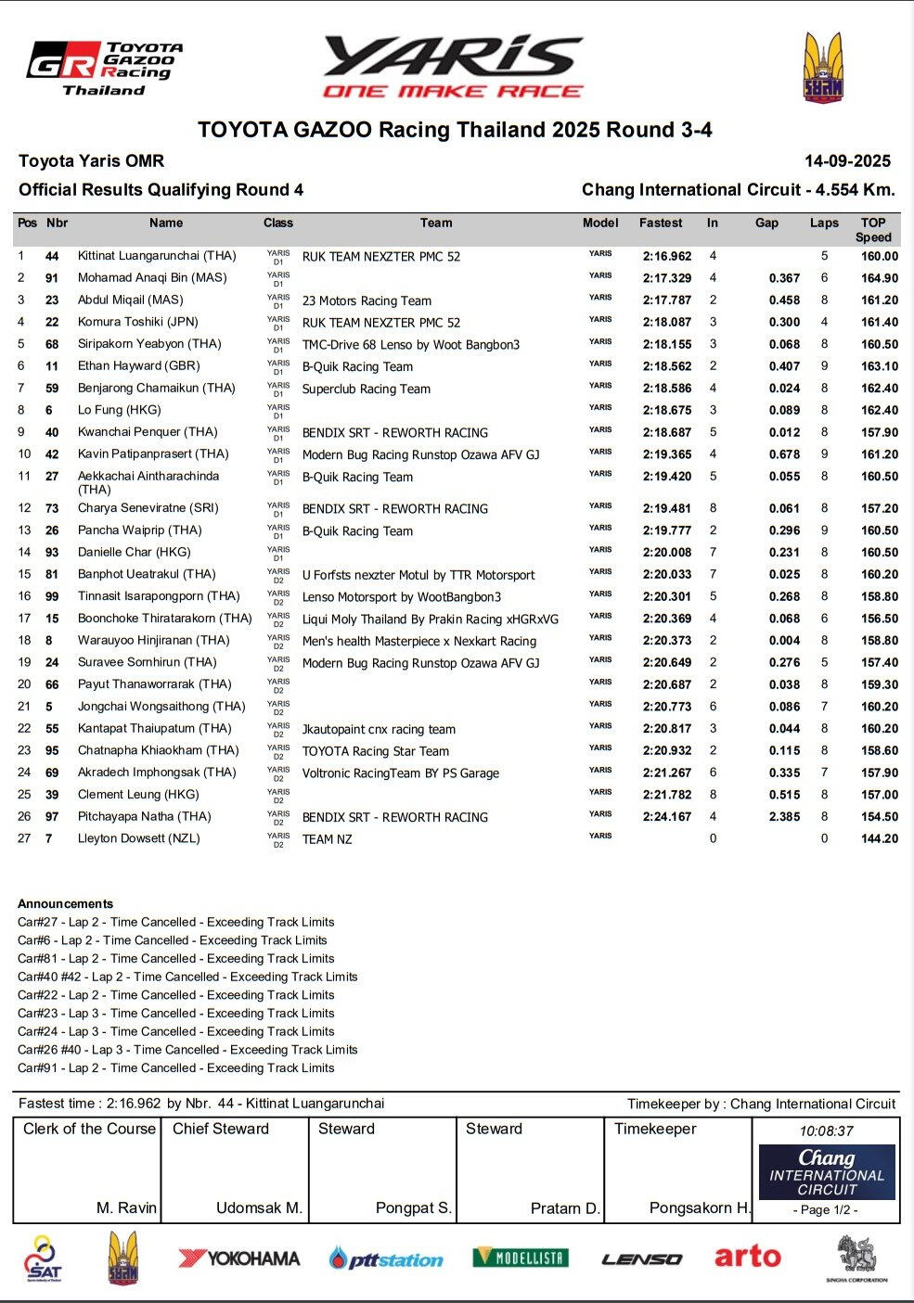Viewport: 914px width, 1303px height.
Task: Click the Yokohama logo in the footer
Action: click(x=239, y=1258)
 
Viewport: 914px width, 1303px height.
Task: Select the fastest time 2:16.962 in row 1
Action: click(x=667, y=256)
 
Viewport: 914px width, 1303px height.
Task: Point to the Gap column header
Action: click(x=766, y=224)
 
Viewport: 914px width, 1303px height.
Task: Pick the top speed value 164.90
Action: click(x=879, y=278)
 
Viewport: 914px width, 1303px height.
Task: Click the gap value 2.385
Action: click(x=784, y=817)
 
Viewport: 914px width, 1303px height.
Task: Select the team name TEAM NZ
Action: click(x=328, y=839)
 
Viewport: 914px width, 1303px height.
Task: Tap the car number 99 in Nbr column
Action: click(x=52, y=596)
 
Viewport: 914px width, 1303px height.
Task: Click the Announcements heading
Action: click(x=65, y=903)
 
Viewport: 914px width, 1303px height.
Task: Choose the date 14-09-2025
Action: click(x=847, y=161)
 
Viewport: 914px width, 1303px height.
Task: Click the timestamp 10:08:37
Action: click(x=826, y=1131)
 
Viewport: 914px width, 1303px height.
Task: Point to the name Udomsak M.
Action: click(x=259, y=1207)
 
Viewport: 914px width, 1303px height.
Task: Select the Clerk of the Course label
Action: click(x=89, y=1129)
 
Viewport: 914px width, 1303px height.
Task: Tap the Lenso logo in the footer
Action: click(x=642, y=1258)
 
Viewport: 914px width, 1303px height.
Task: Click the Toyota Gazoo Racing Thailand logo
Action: click(x=105, y=69)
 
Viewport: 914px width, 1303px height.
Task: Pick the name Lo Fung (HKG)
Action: click(x=119, y=410)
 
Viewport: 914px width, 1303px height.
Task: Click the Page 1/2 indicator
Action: click(x=826, y=1209)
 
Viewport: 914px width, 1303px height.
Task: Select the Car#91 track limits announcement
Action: click(x=175, y=1067)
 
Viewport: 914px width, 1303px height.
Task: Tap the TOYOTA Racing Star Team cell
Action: click(x=376, y=751)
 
